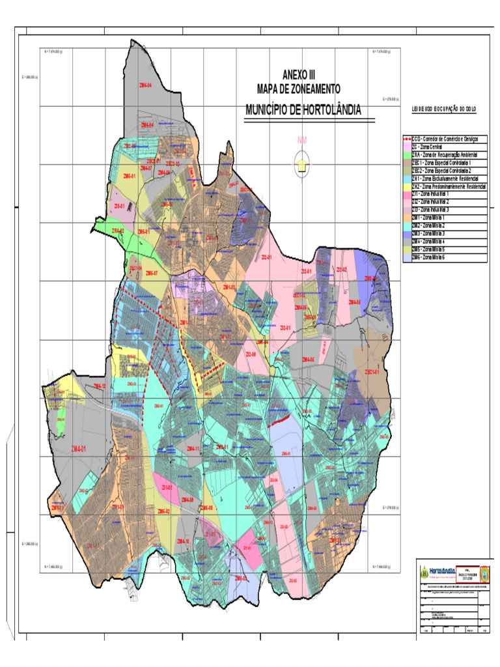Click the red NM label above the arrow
point(301,140)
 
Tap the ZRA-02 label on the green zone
point(118,231)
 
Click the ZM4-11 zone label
point(193,449)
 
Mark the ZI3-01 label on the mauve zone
point(119,206)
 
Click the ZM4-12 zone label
point(99,386)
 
